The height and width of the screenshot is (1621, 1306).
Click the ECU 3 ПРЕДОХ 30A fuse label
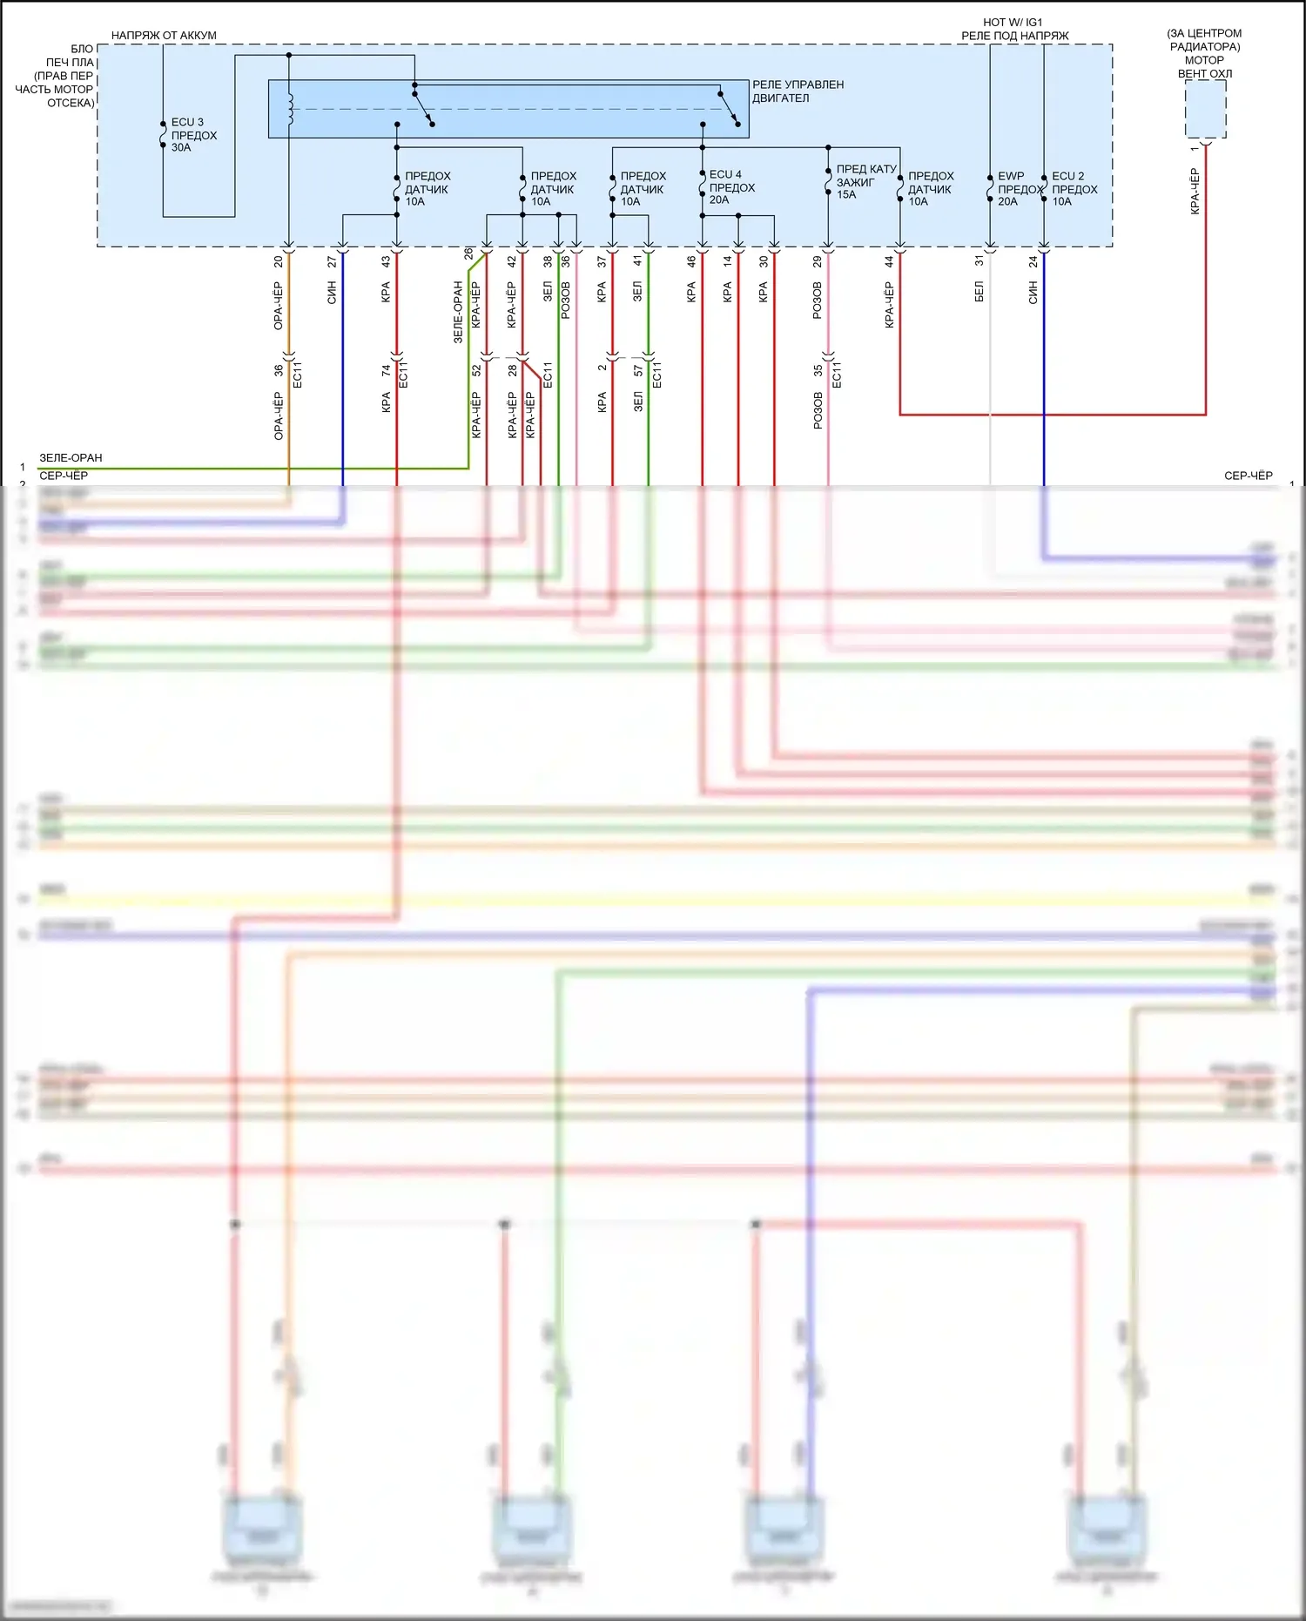tap(192, 135)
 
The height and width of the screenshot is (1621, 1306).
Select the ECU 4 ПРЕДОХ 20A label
tap(730, 187)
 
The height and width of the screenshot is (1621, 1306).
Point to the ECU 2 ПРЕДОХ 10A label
tap(1074, 189)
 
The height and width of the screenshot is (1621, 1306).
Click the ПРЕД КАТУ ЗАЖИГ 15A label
tap(865, 181)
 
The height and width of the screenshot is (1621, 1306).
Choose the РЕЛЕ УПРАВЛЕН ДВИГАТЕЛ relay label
tap(798, 91)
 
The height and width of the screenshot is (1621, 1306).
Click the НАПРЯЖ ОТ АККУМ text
tap(164, 36)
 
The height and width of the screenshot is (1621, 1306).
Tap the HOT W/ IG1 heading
tap(1013, 23)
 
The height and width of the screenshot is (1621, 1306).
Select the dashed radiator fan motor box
tap(1205, 109)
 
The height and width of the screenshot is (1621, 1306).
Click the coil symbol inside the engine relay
tap(290, 109)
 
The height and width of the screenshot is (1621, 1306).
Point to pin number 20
tap(279, 261)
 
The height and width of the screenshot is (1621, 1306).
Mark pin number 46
tap(691, 261)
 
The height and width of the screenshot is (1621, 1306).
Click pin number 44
tap(889, 261)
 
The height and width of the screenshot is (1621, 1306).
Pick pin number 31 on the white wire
tap(979, 261)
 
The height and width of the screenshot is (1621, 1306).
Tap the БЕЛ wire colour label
tap(979, 292)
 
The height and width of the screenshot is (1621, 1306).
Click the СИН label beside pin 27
tap(332, 293)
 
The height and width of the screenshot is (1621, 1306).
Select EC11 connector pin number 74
tap(386, 370)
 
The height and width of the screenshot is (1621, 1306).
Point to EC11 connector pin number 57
tap(638, 371)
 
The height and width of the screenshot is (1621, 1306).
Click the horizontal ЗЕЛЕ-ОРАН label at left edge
tap(71, 458)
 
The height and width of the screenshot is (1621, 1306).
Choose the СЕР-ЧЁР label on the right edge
tap(1248, 476)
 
